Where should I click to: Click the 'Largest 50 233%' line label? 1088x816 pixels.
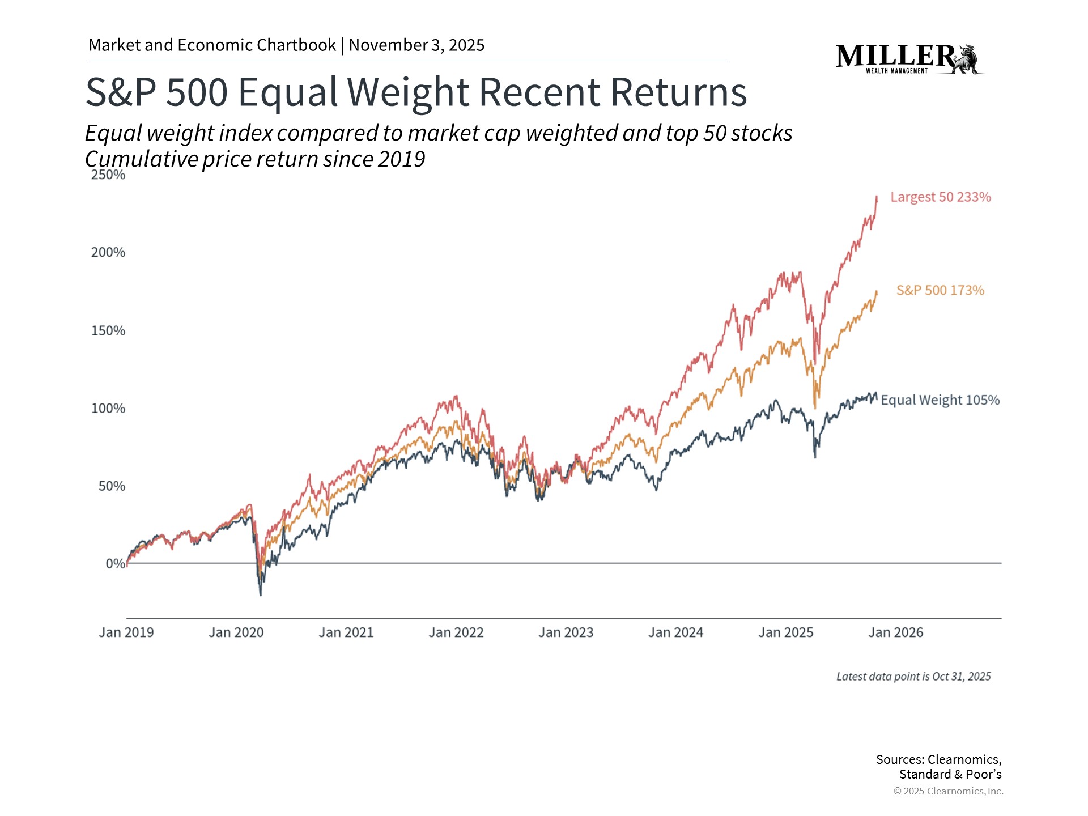click(x=940, y=197)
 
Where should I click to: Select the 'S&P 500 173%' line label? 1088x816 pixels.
click(x=940, y=291)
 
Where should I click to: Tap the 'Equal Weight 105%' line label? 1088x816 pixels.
click(x=940, y=400)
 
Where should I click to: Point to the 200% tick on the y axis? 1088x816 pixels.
click(x=108, y=253)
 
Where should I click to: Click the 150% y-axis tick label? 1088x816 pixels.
click(x=108, y=331)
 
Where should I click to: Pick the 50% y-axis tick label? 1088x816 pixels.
click(x=112, y=486)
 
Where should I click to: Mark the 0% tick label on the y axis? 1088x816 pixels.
click(x=115, y=564)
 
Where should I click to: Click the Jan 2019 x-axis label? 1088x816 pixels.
click(x=126, y=632)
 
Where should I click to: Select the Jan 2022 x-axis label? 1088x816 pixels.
click(x=456, y=632)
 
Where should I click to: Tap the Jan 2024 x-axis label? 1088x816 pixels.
click(x=675, y=632)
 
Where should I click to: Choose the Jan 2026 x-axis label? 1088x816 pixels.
click(x=896, y=632)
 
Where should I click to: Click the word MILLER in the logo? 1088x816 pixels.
click(x=895, y=56)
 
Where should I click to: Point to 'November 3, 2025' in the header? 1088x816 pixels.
click(x=416, y=45)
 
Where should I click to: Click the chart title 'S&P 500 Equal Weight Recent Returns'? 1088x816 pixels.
click(x=416, y=92)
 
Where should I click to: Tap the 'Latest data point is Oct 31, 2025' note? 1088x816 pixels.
click(x=913, y=677)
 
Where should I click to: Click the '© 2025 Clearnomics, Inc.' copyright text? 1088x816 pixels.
click(x=948, y=791)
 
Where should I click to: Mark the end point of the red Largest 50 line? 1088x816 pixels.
click(x=877, y=197)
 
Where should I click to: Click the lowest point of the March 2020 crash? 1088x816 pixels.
click(x=261, y=594)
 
